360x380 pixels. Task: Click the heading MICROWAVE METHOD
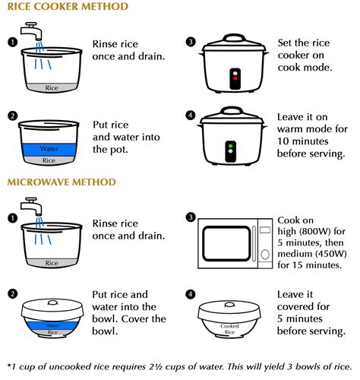click(x=62, y=182)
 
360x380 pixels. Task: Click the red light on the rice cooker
click(x=235, y=78)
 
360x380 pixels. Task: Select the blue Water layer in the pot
click(x=50, y=149)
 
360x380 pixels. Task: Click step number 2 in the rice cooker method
click(x=13, y=116)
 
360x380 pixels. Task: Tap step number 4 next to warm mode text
click(x=191, y=116)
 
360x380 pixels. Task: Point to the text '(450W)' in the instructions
click(x=328, y=252)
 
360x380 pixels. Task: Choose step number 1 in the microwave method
click(x=13, y=218)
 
